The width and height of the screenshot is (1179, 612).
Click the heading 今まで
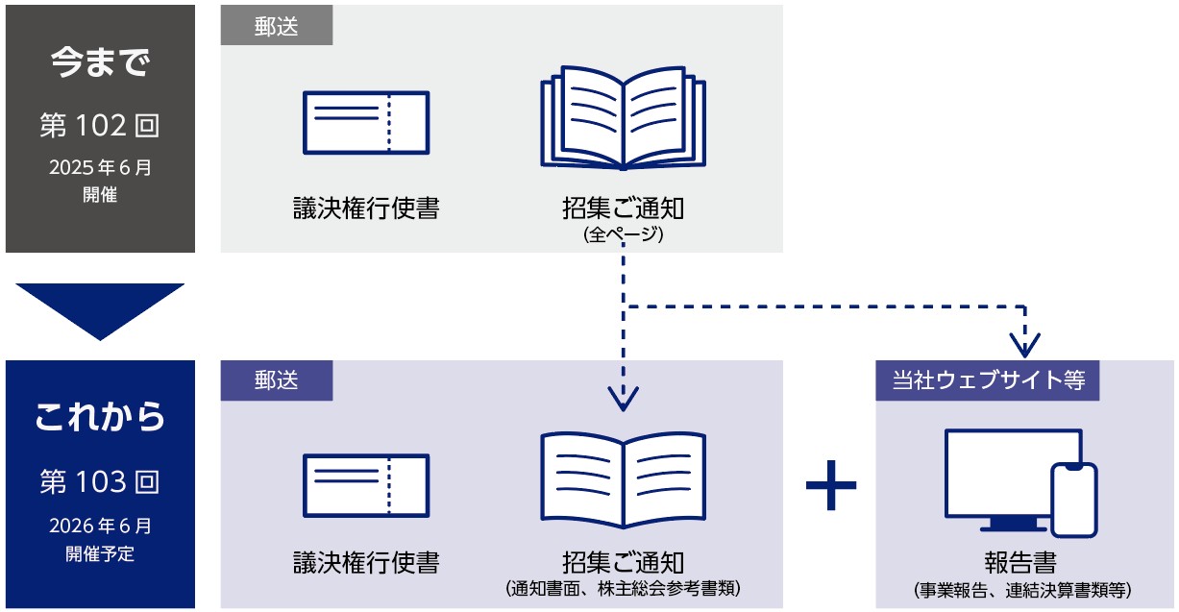coord(100,64)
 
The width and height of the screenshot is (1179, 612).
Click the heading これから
coord(100,418)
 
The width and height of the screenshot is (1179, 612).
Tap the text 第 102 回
coord(100,125)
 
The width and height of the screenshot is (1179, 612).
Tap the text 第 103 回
coord(100,481)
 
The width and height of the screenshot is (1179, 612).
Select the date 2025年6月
coord(100,167)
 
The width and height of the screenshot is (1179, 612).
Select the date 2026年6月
coord(100,526)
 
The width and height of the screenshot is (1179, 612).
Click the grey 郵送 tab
coord(277,27)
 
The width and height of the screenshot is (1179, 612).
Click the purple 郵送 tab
coord(277,380)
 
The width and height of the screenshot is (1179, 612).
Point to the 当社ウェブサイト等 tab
coord(988,380)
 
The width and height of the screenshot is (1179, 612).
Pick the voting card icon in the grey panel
coord(366,122)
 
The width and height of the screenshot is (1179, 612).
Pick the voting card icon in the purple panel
coord(366,485)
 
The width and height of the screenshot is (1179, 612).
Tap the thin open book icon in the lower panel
coord(624,478)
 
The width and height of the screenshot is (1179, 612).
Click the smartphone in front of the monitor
coord(1073,500)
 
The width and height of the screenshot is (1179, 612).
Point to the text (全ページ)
coord(624,233)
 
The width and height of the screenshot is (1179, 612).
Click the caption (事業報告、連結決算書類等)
coord(1023,588)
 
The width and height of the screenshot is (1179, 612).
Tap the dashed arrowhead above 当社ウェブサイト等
coord(1026,344)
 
